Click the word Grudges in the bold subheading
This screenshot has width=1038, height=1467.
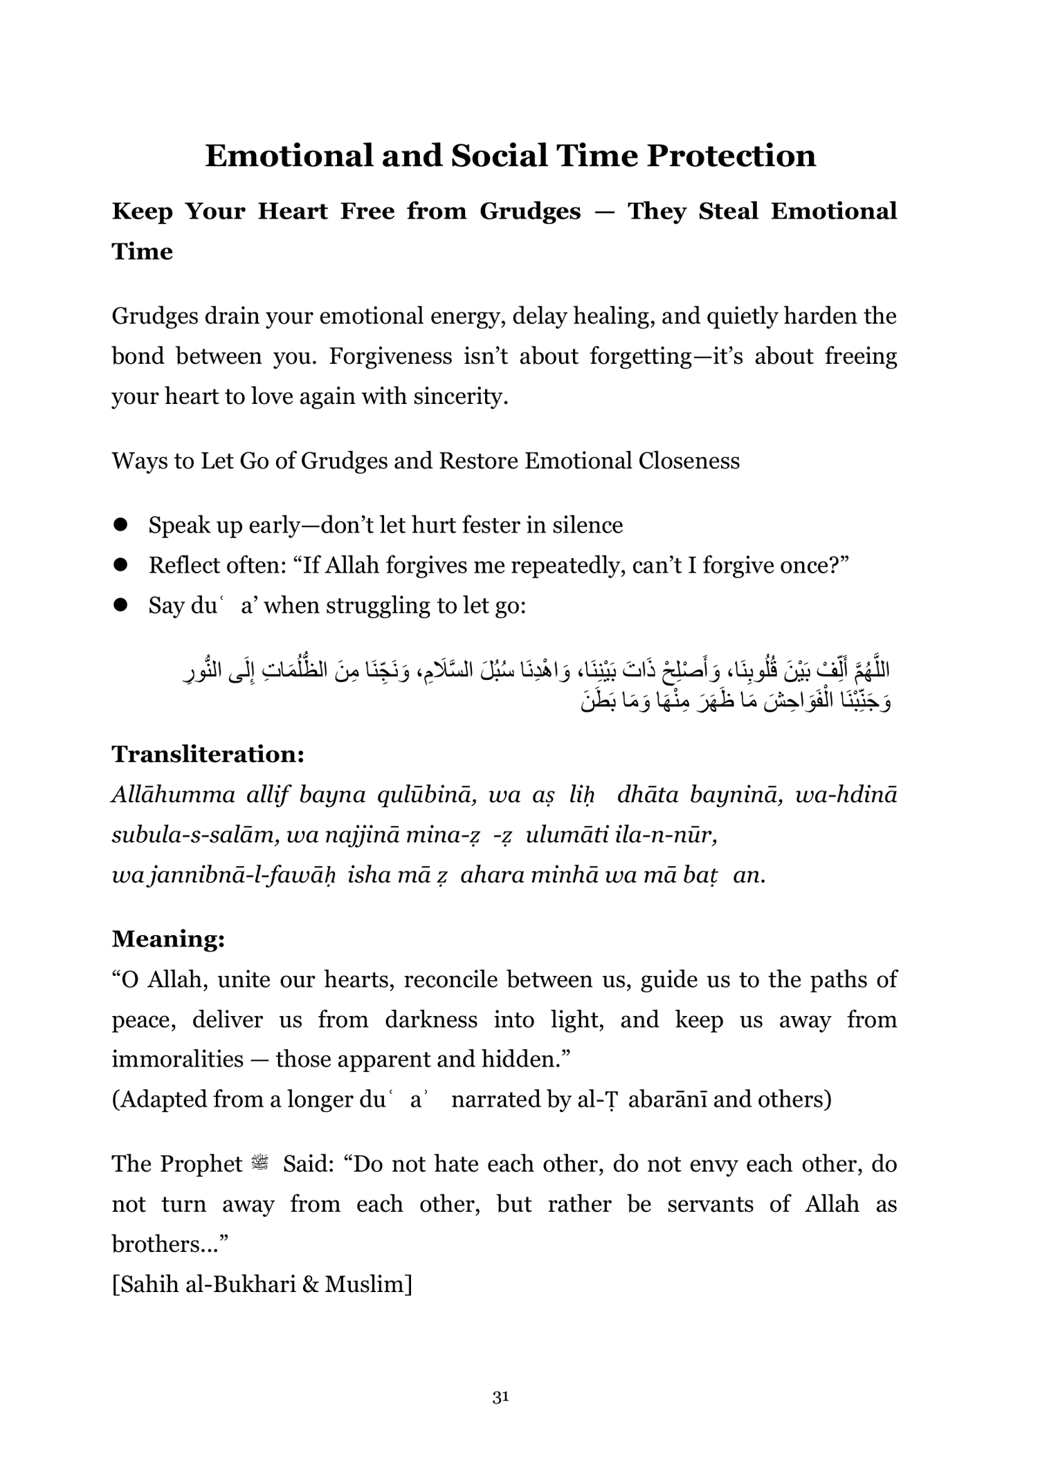530,212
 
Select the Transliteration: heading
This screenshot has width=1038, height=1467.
208,754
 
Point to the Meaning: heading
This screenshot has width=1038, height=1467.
168,939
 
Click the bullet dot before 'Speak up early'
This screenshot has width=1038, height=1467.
122,525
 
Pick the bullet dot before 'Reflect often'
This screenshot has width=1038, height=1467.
122,565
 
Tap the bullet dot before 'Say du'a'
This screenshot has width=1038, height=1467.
122,605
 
